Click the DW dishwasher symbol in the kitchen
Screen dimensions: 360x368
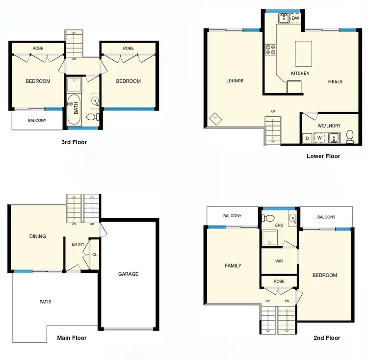(x=295, y=19)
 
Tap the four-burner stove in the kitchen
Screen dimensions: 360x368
(x=271, y=49)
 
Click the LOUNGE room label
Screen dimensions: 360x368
(x=235, y=81)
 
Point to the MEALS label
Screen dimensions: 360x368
(x=335, y=82)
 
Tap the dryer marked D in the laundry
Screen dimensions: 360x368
(x=307, y=139)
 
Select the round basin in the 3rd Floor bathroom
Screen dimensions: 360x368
(x=95, y=102)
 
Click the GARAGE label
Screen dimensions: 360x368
(x=129, y=274)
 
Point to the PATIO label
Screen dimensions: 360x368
(x=46, y=302)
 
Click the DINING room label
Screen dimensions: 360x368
(x=37, y=236)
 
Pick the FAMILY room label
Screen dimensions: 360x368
(x=233, y=266)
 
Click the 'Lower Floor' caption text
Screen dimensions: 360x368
(x=323, y=156)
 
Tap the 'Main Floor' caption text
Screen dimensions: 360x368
(x=72, y=338)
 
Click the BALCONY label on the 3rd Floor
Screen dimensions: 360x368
(x=37, y=120)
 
